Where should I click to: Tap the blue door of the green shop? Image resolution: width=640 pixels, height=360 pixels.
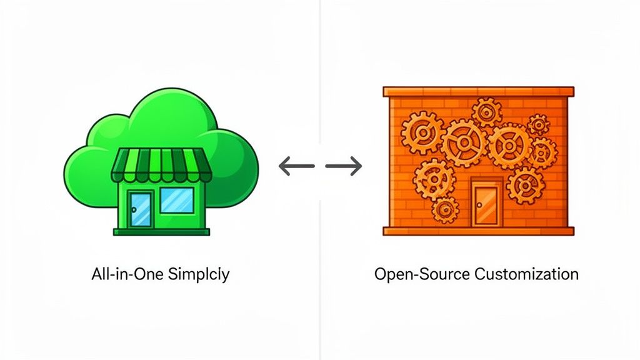pos(141,208)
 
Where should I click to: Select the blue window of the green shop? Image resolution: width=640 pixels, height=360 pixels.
pos(177,200)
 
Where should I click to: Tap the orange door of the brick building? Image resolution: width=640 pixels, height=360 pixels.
pos(485,204)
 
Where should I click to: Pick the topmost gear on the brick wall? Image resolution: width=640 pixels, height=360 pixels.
pos(487,112)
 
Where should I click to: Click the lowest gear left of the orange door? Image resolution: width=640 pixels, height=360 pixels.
pos(446,210)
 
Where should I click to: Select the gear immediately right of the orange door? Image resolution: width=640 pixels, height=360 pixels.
pos(524,184)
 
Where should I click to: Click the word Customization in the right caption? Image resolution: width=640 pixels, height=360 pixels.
pos(526,274)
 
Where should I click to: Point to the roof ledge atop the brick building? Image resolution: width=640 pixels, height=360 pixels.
pos(477,91)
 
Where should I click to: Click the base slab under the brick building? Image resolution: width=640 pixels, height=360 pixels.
pos(477,231)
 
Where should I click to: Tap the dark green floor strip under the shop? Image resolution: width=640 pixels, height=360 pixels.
pos(161,232)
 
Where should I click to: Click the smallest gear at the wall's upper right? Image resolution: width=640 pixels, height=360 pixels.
pos(537,124)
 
